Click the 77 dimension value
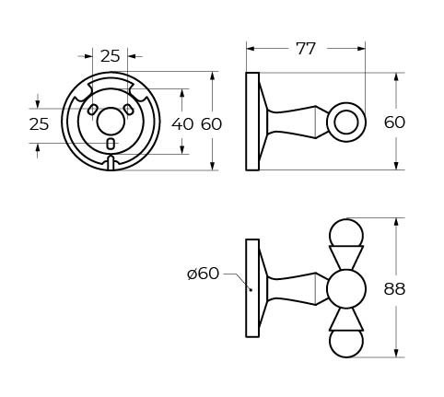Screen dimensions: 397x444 (x=305, y=49)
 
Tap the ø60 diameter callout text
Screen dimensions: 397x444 (x=203, y=273)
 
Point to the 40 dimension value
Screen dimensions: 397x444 (x=182, y=123)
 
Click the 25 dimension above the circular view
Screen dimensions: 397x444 (x=111, y=55)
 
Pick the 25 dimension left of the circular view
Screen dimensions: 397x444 (x=38, y=123)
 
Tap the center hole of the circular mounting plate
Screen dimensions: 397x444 (x=111, y=121)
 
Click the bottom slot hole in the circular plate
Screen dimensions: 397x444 (x=111, y=144)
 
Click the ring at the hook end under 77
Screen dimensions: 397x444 (x=347, y=121)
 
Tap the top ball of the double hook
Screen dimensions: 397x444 (x=346, y=232)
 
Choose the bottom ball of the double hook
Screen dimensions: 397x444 (x=346, y=344)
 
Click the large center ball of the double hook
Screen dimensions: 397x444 (x=346, y=288)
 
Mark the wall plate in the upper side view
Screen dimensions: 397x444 (x=252, y=121)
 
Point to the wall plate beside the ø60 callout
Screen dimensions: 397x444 (x=252, y=288)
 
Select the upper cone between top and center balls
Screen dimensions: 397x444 (x=346, y=257)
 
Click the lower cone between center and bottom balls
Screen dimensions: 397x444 (x=346, y=320)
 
